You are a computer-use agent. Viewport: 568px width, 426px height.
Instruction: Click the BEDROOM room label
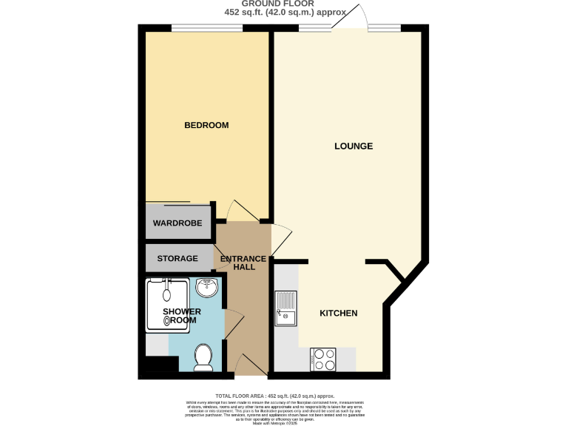[x=206, y=125]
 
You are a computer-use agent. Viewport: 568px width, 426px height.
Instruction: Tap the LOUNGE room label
[x=354, y=146]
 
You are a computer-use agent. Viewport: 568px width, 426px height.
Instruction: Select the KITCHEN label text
[x=338, y=314]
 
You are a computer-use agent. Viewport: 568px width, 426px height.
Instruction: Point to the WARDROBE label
[x=177, y=223]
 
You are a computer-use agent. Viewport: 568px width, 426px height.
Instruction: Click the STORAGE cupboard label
[x=177, y=259]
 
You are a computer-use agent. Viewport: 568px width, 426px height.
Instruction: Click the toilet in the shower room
[x=202, y=358]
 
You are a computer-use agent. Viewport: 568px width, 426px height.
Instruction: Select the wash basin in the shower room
[x=208, y=286]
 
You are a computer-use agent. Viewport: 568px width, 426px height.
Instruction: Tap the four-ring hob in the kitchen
[x=323, y=359]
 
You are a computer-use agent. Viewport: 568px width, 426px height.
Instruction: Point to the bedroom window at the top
[x=207, y=29]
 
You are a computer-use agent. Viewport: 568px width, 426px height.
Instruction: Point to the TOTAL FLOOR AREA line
[x=274, y=396]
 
